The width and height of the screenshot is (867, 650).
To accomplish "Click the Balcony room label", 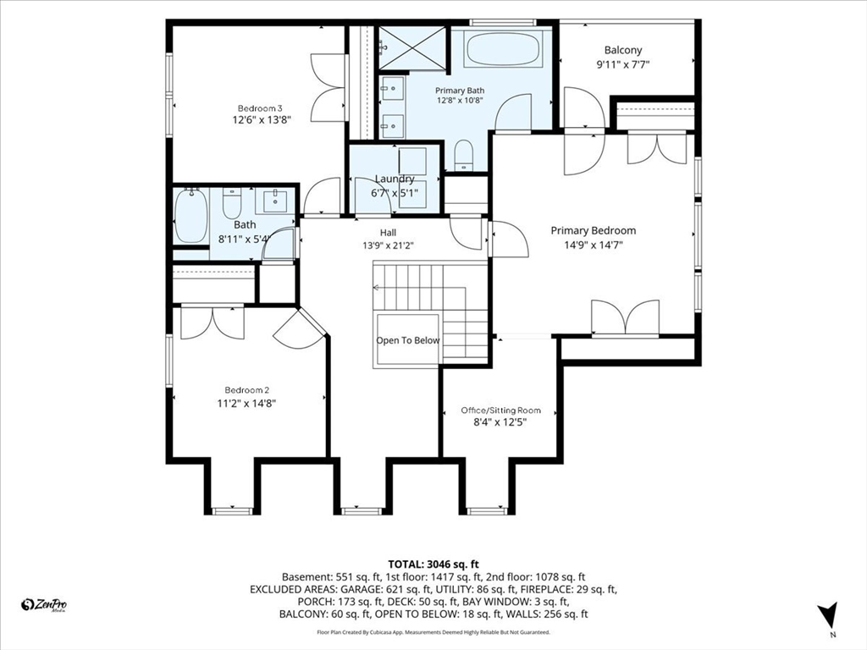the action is click(622, 50).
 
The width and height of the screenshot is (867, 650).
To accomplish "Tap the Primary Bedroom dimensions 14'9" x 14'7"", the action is click(593, 245).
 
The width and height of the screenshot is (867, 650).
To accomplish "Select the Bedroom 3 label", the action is click(260, 108).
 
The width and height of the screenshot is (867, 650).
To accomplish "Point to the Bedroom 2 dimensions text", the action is click(246, 404).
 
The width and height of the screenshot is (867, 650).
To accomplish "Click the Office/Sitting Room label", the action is click(501, 410).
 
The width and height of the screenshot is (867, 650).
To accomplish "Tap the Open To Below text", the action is click(408, 340).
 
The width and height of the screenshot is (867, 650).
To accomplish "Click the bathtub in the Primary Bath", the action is click(503, 49).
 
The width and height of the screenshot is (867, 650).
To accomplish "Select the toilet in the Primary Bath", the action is click(464, 156).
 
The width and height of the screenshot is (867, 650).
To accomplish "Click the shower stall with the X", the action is click(412, 48).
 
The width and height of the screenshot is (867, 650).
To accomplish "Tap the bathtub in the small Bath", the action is click(191, 216).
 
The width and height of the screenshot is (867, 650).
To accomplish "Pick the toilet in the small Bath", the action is click(232, 203).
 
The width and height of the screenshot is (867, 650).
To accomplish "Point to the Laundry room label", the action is click(395, 179).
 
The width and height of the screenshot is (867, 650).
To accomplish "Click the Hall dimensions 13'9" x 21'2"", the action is click(388, 246).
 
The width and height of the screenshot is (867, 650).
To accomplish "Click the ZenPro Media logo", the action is click(44, 605).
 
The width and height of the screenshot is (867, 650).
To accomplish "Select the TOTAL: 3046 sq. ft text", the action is click(433, 565).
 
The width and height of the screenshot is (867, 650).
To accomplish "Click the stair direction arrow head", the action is click(376, 288).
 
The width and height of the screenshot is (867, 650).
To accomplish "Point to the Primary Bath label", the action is click(460, 91).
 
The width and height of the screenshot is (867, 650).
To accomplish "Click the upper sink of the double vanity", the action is click(393, 88).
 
